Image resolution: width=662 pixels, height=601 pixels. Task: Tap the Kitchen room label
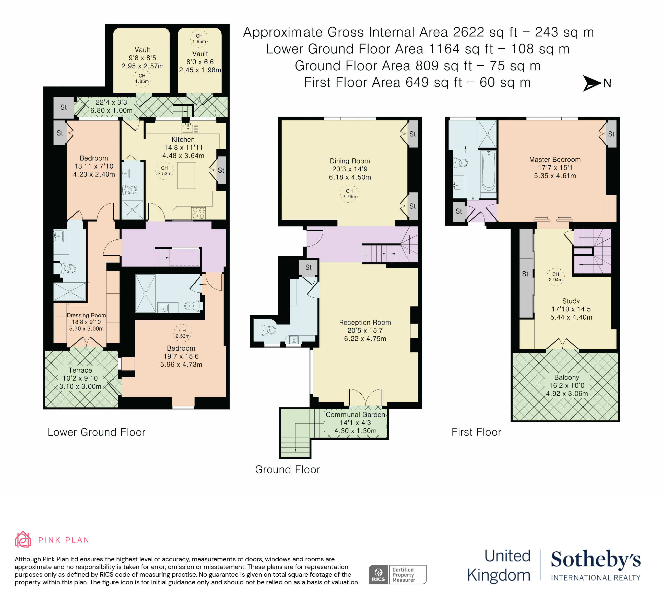click(x=183, y=140)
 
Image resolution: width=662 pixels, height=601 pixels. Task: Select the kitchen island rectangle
click(x=186, y=175)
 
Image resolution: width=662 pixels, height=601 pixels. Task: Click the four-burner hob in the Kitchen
click(x=198, y=213)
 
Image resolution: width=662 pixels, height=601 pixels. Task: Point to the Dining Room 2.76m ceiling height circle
click(x=349, y=194)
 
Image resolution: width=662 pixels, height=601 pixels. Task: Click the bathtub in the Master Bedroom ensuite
click(x=489, y=171)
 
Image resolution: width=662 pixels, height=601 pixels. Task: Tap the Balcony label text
click(x=566, y=377)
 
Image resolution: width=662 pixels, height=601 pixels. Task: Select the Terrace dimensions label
click(x=80, y=382)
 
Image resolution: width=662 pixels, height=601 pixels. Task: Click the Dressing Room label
click(x=86, y=315)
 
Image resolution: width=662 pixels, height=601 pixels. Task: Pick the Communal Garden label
click(x=355, y=415)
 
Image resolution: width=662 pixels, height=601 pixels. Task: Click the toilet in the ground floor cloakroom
click(x=268, y=330)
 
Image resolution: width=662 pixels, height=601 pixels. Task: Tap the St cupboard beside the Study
click(x=525, y=274)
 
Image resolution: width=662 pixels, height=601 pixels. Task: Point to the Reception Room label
click(x=365, y=322)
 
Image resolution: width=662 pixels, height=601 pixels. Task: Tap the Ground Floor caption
click(x=287, y=470)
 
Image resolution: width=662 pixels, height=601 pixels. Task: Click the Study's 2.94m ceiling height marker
click(x=555, y=277)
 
